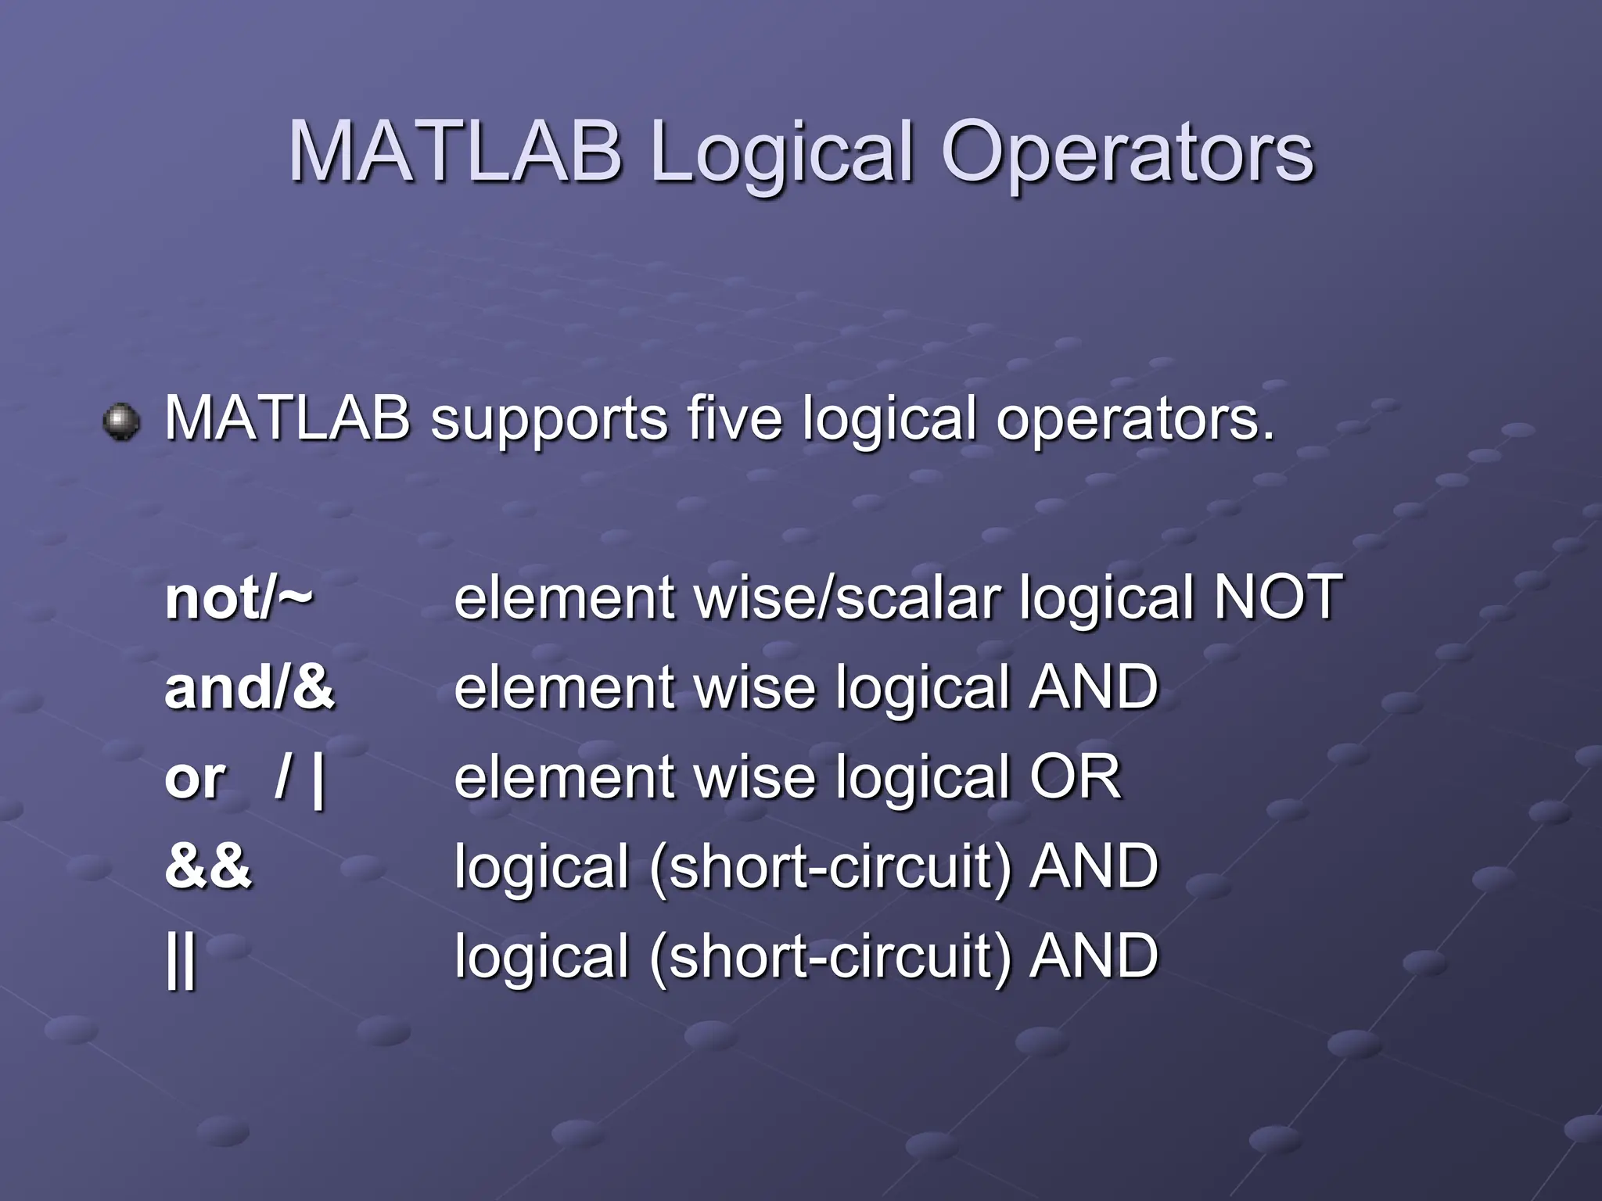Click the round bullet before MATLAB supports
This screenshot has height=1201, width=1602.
coord(121,422)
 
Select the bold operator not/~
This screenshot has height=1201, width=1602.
coord(239,597)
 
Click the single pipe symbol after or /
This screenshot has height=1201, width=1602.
coord(318,779)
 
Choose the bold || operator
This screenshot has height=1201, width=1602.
coord(181,959)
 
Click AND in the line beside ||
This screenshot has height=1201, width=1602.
coord(1094,955)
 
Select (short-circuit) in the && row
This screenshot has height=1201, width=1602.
coord(830,868)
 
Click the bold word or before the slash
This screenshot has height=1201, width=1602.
coord(195,779)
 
